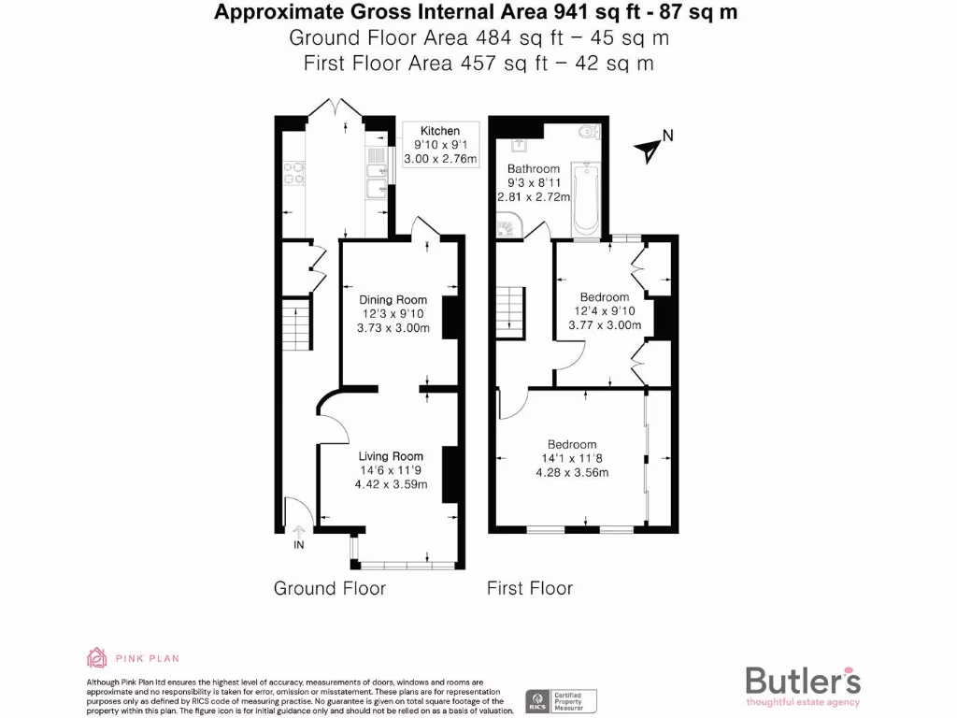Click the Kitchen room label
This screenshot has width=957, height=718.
point(439,131)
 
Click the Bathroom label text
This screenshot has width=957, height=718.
point(534,169)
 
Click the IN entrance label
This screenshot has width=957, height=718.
point(299,545)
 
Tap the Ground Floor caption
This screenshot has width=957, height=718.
point(329,588)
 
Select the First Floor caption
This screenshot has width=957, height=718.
point(530,588)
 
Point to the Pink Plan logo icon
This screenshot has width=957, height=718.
point(97,657)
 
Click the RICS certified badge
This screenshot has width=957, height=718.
point(562,701)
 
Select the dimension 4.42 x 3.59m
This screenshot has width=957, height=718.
point(392,484)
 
